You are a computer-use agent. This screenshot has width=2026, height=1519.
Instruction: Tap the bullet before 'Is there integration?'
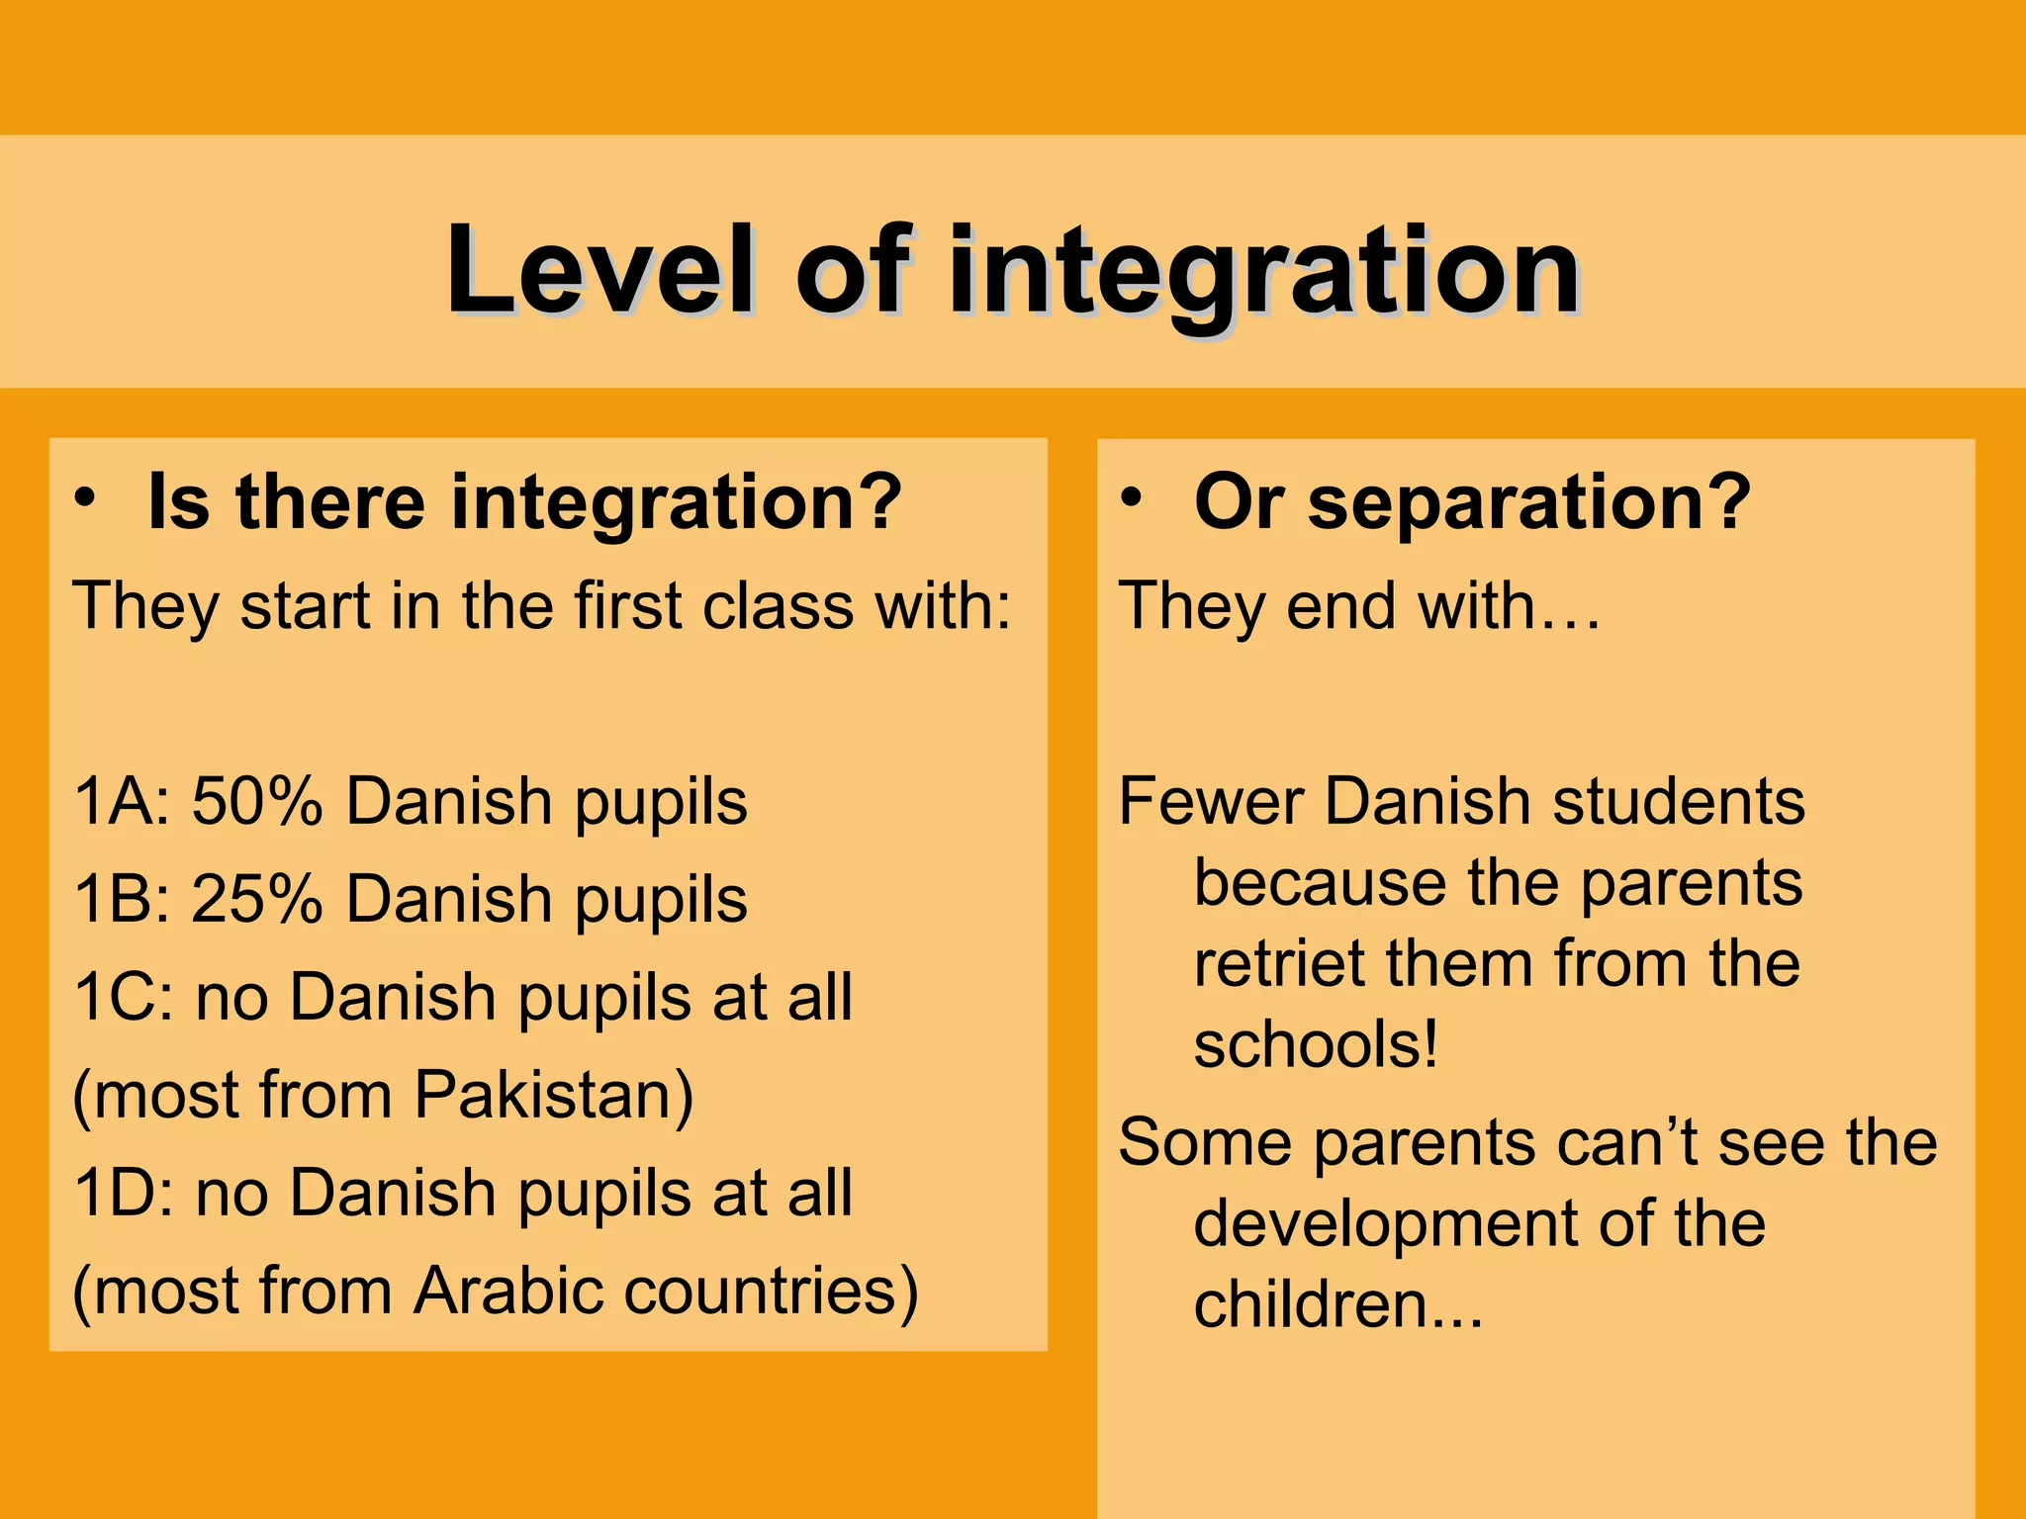(87, 496)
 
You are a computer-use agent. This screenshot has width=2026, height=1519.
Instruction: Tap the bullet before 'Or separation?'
(1132, 496)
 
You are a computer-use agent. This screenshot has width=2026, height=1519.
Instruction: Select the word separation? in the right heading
(1528, 503)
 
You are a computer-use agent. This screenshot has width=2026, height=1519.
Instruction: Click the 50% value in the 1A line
(257, 801)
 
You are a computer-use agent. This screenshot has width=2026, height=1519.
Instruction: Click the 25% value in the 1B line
(257, 900)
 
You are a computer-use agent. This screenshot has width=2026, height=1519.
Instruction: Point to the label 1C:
(125, 997)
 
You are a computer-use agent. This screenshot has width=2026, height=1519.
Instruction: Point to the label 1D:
(125, 1193)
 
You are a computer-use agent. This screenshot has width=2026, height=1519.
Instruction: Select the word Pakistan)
(554, 1096)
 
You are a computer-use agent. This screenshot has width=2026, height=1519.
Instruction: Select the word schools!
(1316, 1045)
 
